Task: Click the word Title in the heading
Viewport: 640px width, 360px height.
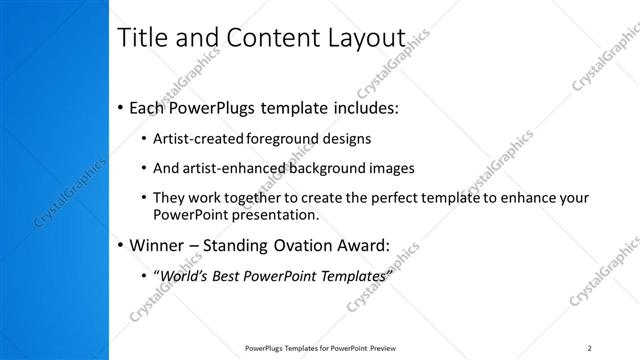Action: click(x=142, y=39)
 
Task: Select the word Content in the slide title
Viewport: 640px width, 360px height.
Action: click(x=264, y=39)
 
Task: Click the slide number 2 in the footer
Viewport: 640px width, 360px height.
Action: click(x=590, y=348)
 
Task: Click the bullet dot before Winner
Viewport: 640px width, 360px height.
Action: click(x=121, y=246)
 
